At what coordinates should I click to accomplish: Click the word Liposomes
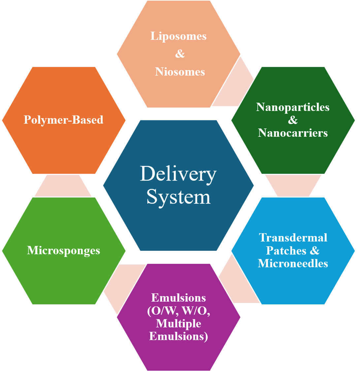[179, 36]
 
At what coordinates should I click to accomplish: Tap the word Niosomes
[180, 72]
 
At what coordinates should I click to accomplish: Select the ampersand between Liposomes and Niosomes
[180, 54]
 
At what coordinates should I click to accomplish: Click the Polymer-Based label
[63, 119]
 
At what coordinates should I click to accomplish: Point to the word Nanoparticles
[293, 107]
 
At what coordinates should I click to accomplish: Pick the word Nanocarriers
[293, 133]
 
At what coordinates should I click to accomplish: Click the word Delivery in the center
[178, 174]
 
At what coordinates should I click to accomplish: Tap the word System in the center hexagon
[178, 197]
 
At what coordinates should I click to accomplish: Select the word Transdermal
[293, 237]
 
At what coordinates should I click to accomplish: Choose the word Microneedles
[293, 263]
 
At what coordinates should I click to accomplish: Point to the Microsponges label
[63, 250]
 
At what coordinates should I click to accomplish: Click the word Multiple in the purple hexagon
[179, 324]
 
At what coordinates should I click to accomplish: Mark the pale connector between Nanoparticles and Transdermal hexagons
[293, 186]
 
